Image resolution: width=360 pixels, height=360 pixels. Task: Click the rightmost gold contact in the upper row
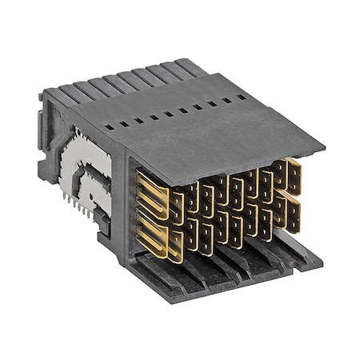(293, 177)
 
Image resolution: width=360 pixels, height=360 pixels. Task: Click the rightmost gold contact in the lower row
(293, 214)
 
